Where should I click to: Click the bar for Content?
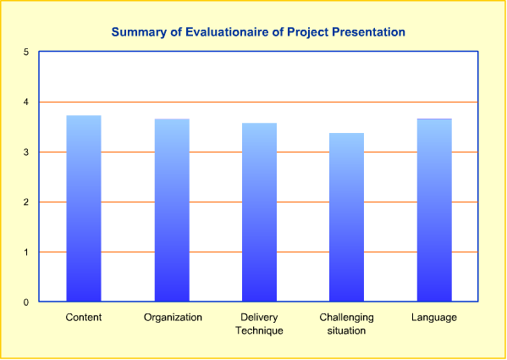pos(84,208)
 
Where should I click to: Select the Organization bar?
pos(172,210)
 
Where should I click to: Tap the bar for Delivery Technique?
pos(259,212)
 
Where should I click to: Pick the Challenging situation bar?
pos(347,217)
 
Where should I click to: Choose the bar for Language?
pos(434,210)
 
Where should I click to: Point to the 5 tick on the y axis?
pos(26,52)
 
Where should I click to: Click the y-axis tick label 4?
pos(26,102)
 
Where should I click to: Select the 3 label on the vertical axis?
pos(26,152)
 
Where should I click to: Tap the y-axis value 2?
pos(26,202)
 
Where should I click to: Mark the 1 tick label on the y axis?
pos(26,252)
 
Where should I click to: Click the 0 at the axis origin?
pos(26,302)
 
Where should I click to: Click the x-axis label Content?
pos(84,318)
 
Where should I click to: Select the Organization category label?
pos(173,318)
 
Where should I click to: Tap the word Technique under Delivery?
pos(259,330)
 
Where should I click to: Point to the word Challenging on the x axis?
pos(347,318)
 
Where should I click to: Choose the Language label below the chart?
pos(434,318)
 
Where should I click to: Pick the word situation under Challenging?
pos(347,330)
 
